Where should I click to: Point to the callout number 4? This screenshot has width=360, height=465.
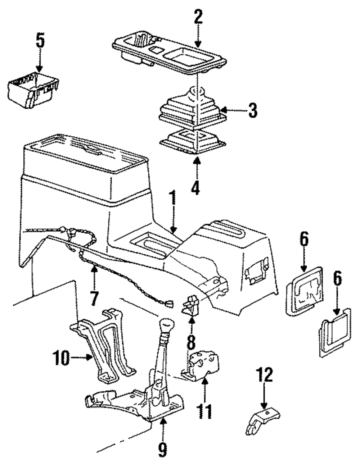[x=195, y=187]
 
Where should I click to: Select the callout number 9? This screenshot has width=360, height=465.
[x=162, y=448]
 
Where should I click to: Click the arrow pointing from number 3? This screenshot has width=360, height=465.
[x=232, y=110]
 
